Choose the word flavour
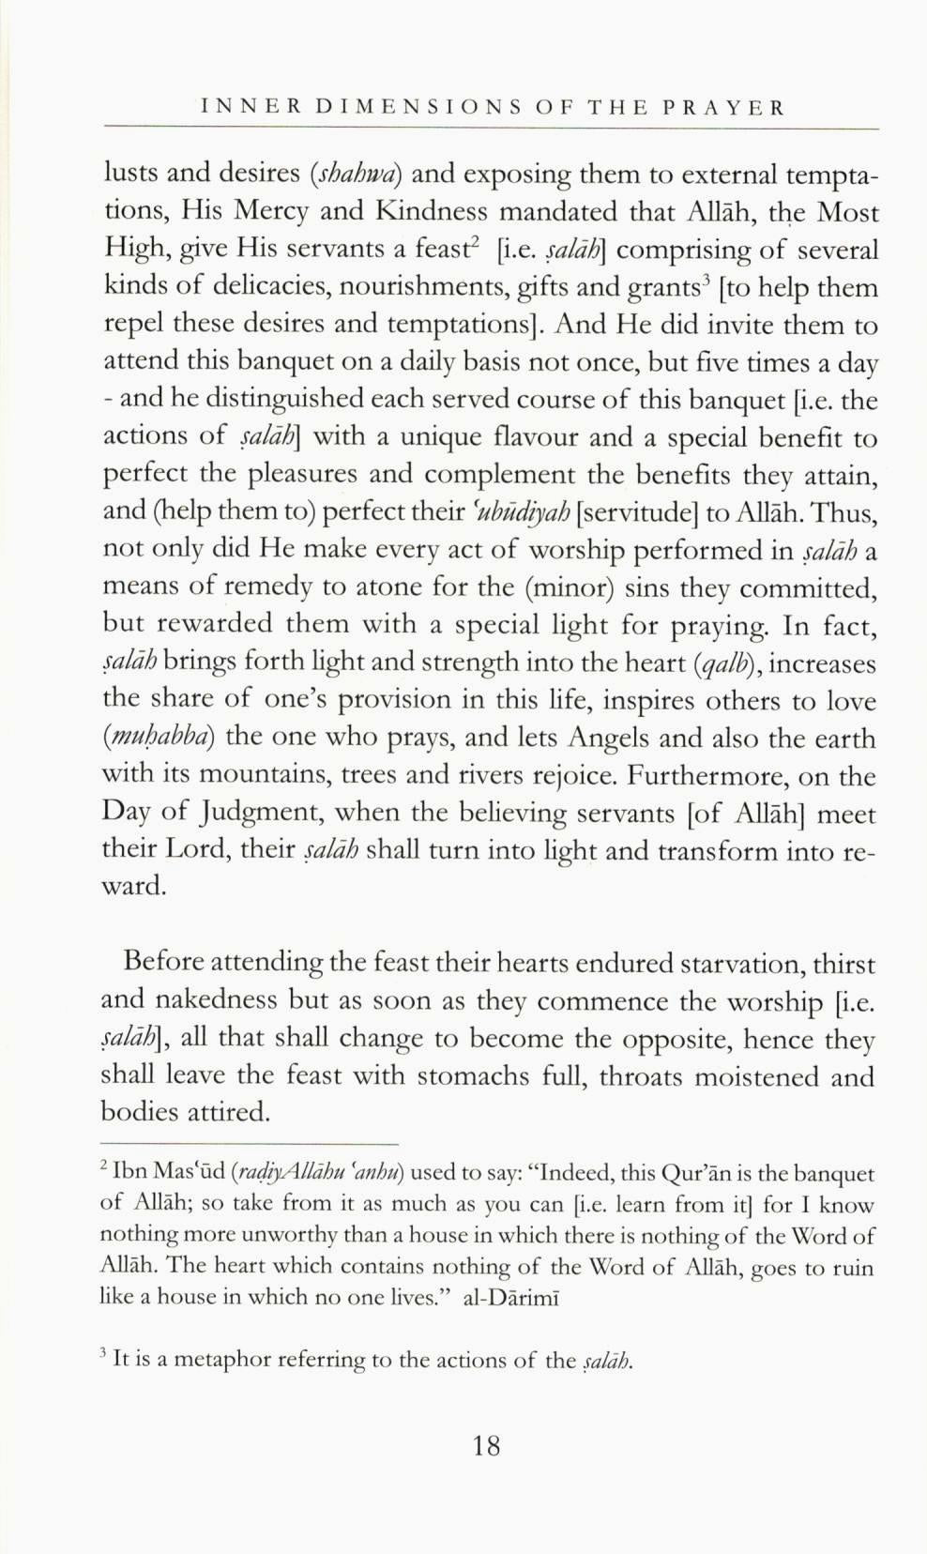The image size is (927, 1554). [x=542, y=438]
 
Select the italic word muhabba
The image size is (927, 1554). [x=159, y=739]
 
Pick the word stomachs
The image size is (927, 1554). [x=474, y=1076]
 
